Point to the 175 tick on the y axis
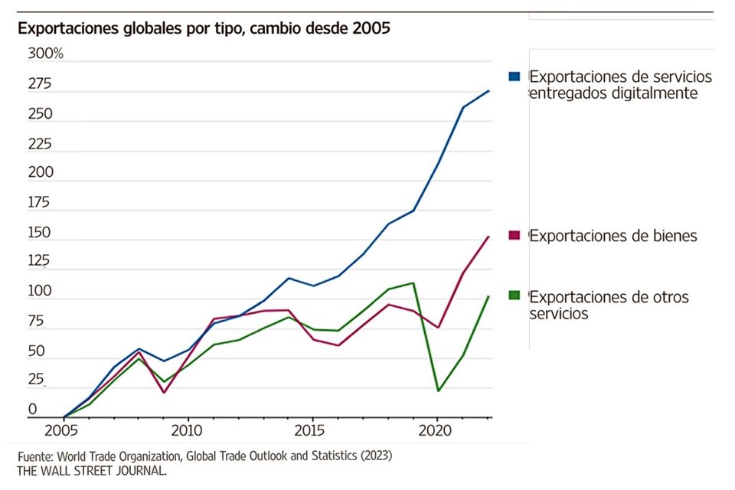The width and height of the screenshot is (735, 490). click(x=38, y=203)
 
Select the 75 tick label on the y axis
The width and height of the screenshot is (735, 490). click(x=35, y=322)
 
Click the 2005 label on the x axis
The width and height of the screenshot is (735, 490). click(x=64, y=429)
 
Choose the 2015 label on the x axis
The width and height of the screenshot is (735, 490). click(x=312, y=429)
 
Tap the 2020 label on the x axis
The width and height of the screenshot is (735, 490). click(x=436, y=429)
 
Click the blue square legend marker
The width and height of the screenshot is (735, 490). click(x=514, y=77)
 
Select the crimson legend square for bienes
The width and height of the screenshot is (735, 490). click(x=514, y=236)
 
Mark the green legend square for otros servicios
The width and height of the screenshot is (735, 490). click(x=514, y=296)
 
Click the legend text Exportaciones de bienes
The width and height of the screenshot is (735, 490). click(x=613, y=236)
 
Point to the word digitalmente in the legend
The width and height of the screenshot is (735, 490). click(x=653, y=93)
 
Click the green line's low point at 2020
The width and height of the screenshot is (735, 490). click(x=437, y=391)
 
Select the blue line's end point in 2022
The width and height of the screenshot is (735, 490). click(x=489, y=90)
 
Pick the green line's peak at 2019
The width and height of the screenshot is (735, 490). click(x=413, y=283)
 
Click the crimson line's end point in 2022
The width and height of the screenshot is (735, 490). click(x=489, y=237)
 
